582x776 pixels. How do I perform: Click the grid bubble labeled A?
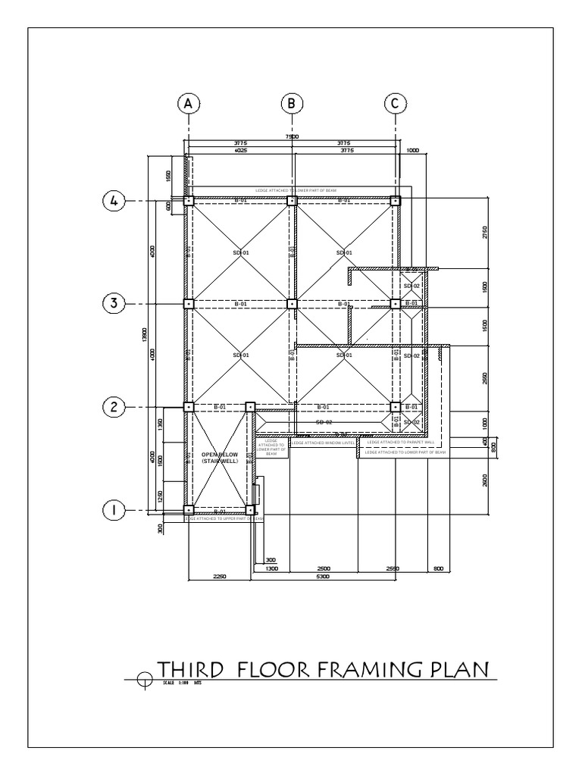click(188, 104)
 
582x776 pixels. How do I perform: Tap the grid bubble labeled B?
click(292, 104)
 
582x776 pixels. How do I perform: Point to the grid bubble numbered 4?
click(114, 201)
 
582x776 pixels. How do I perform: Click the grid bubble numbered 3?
click(114, 304)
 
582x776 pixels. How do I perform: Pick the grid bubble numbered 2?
click(114, 407)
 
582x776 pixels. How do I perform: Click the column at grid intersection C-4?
click(395, 201)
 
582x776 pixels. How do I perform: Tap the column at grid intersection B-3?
click(292, 304)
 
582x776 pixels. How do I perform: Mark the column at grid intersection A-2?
click(189, 407)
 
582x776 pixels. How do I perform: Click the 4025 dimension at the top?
click(241, 151)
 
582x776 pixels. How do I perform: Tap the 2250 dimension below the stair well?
click(218, 577)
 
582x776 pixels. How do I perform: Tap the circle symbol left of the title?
click(144, 680)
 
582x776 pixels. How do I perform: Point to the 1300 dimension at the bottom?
click(272, 568)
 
